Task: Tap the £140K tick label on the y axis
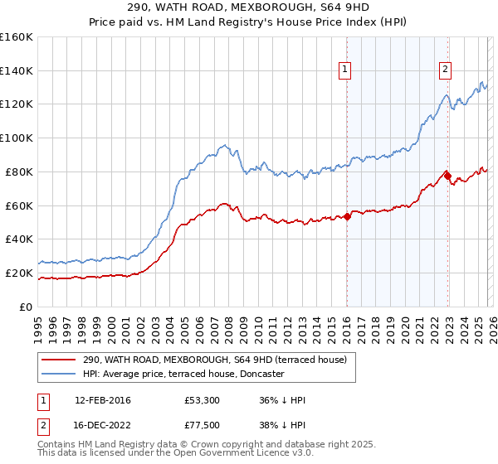(x=16, y=70)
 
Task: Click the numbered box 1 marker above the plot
(x=344, y=70)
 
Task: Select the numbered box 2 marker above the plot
(x=446, y=70)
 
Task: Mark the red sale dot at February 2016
(x=347, y=216)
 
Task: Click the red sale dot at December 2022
(x=447, y=175)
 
